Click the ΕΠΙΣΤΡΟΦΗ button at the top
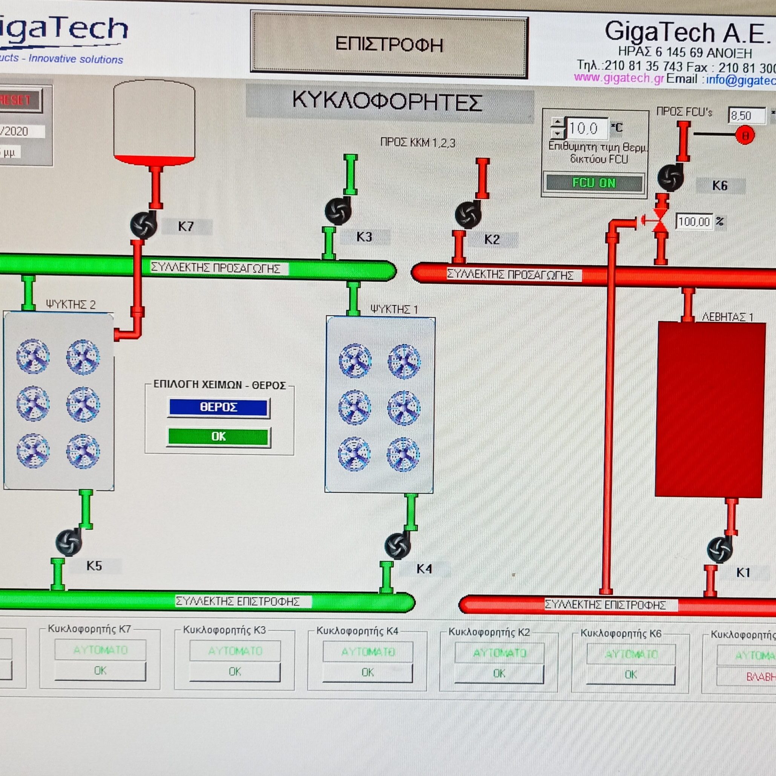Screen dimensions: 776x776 [x=389, y=44]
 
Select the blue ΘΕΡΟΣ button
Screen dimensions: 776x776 [x=218, y=407]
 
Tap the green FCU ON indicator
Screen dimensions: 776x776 [x=594, y=183]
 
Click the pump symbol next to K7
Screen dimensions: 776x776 [x=143, y=225]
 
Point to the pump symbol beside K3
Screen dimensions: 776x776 [x=338, y=212]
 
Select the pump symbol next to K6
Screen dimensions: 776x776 [x=670, y=177]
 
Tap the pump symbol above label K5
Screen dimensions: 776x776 [x=69, y=543]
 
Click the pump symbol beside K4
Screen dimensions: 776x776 [x=397, y=546]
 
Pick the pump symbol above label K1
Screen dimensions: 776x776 [x=719, y=550]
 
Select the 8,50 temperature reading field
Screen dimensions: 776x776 [x=746, y=116]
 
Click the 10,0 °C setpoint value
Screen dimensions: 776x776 [x=584, y=129]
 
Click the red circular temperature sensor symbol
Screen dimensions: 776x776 [x=745, y=136]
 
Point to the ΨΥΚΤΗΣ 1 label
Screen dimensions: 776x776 [x=394, y=309]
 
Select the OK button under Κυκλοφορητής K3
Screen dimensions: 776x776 [x=235, y=672]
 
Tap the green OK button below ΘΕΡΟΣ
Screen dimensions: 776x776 [x=218, y=437]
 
